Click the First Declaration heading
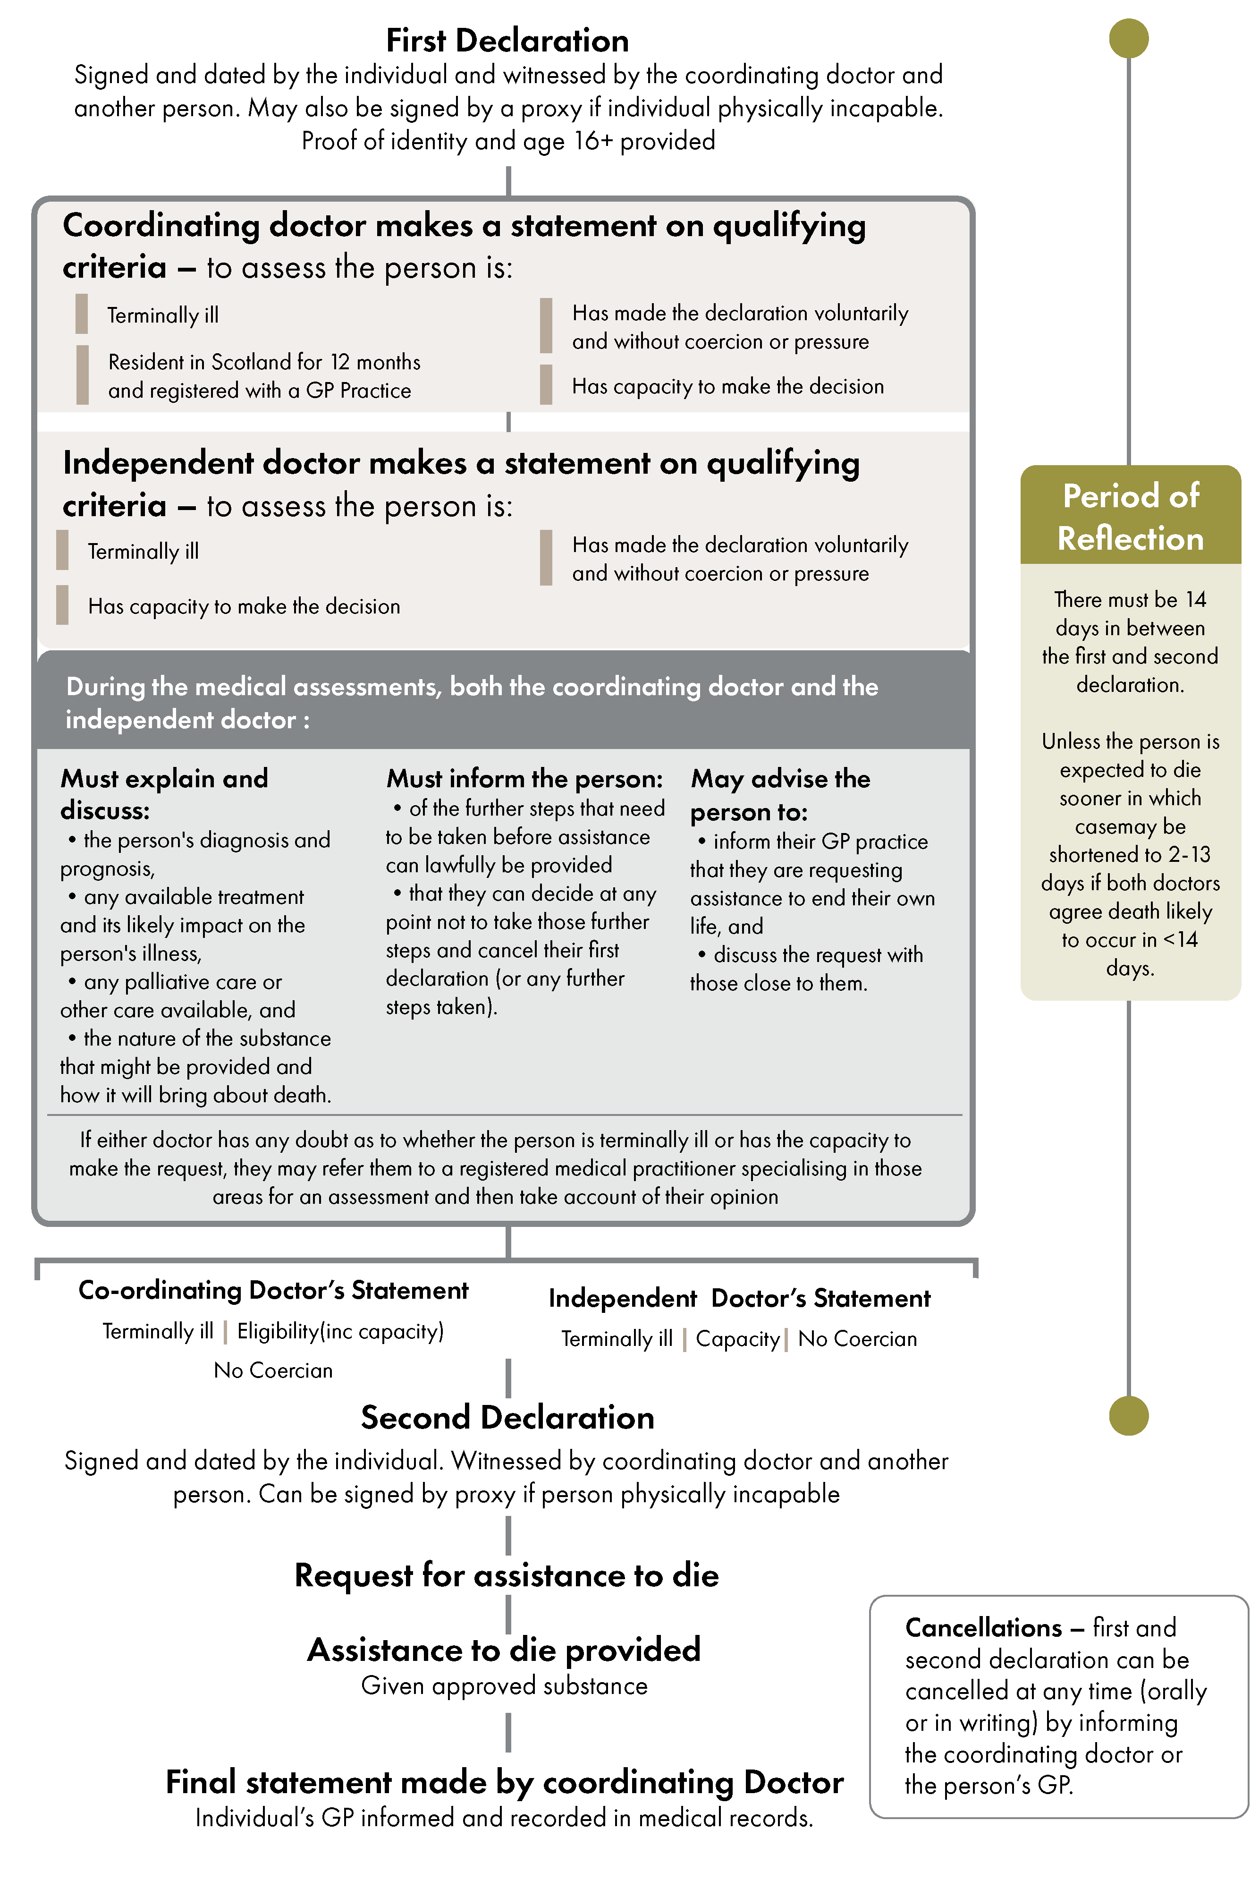[507, 40]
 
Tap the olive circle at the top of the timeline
[1128, 39]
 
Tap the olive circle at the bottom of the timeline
[1128, 1415]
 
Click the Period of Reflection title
[1131, 517]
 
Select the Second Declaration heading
[507, 1418]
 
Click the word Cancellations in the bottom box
[984, 1627]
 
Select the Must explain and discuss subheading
[165, 793]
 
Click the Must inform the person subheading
[524, 778]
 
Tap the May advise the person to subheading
[780, 794]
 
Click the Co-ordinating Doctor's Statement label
[273, 1290]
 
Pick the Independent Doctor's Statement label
[740, 1298]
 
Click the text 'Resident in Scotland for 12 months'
[264, 362]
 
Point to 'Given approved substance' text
[504, 1686]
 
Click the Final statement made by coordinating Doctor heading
[504, 1782]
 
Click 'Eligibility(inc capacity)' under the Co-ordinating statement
[340, 1332]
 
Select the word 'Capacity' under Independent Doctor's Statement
[737, 1339]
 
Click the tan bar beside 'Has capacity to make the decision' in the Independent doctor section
[62, 605]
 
